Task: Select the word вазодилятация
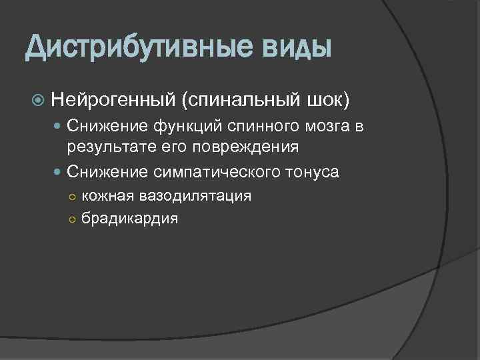(x=195, y=196)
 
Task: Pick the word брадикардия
(x=129, y=218)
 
